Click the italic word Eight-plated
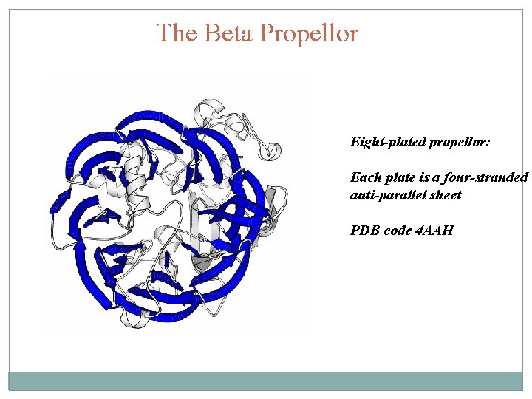tap(387, 141)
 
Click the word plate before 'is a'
tap(398, 177)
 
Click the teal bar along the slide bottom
tap(266, 381)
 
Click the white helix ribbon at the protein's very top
tap(210, 109)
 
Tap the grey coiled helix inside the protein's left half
tap(134, 160)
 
